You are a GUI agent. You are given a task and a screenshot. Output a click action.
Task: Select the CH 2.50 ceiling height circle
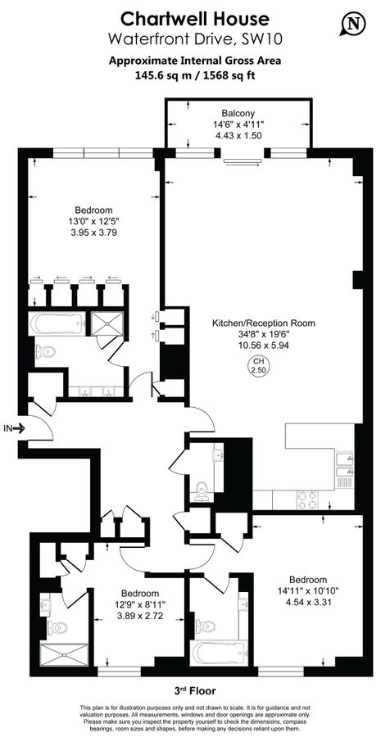258,366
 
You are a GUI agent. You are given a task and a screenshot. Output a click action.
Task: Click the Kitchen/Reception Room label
264,323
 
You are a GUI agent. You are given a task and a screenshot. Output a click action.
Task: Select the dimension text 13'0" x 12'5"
93,221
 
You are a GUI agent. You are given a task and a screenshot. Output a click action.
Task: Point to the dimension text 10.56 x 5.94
264,345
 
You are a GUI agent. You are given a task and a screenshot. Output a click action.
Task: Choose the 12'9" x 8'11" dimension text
140,604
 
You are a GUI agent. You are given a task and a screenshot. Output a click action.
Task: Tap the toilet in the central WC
202,489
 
